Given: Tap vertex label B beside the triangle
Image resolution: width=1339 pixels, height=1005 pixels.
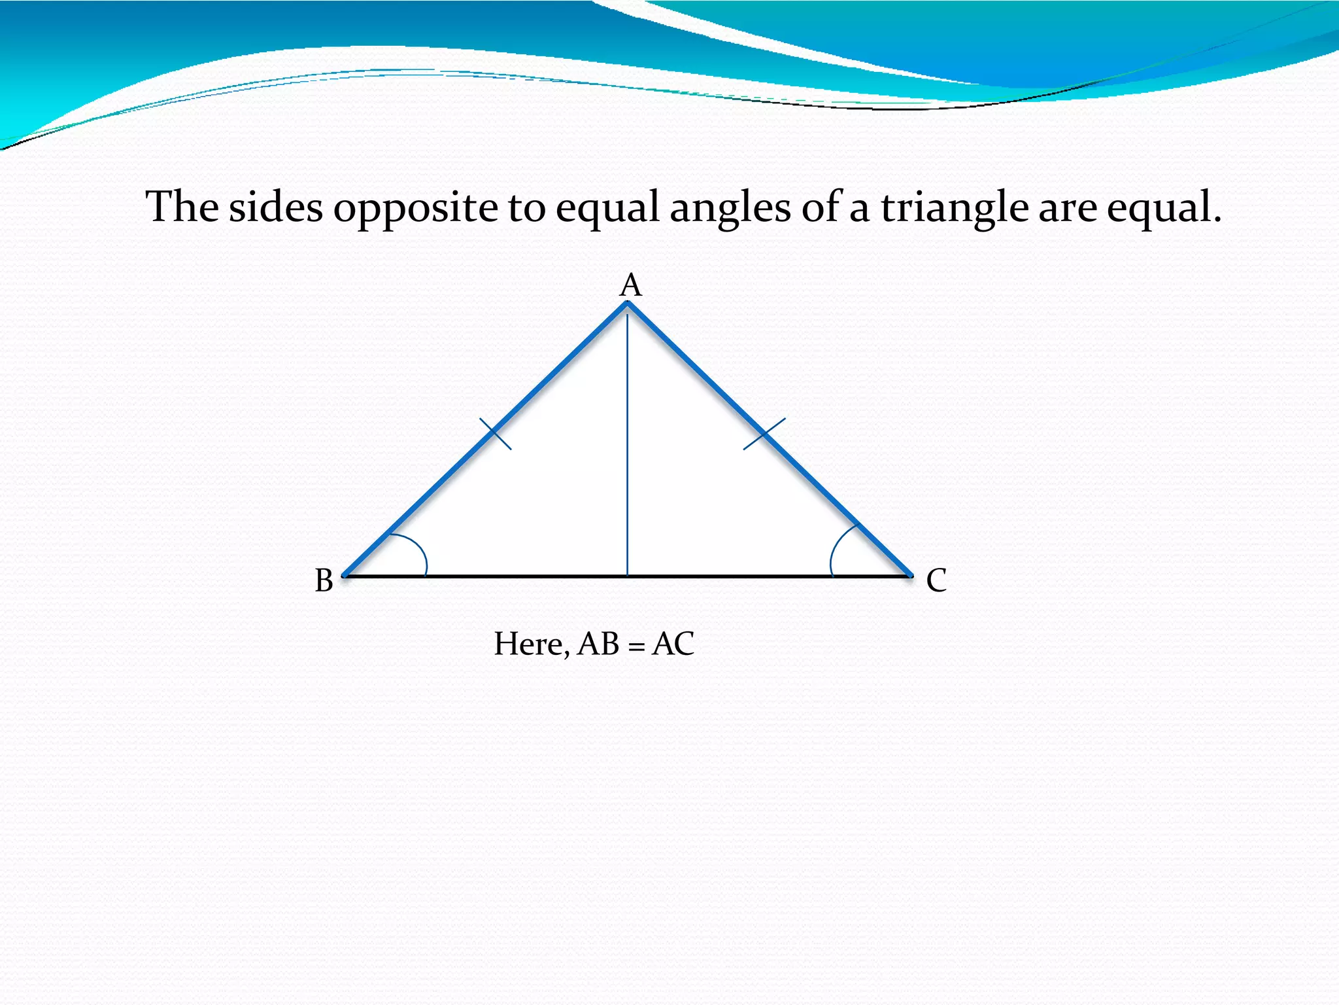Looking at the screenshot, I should (324, 580).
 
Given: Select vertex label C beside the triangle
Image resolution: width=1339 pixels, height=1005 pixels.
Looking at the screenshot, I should (936, 580).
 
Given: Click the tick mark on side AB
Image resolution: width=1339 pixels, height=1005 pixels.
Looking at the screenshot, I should (496, 434).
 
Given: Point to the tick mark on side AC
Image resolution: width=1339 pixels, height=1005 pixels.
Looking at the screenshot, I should (764, 434).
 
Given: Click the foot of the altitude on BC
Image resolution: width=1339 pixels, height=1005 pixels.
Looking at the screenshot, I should (627, 576).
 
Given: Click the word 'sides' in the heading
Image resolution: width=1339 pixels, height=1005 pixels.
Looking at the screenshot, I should (275, 207).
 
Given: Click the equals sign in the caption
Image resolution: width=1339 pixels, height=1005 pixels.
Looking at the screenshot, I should (636, 646).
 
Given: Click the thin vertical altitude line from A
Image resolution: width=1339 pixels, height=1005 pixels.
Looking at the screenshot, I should (627, 445).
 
